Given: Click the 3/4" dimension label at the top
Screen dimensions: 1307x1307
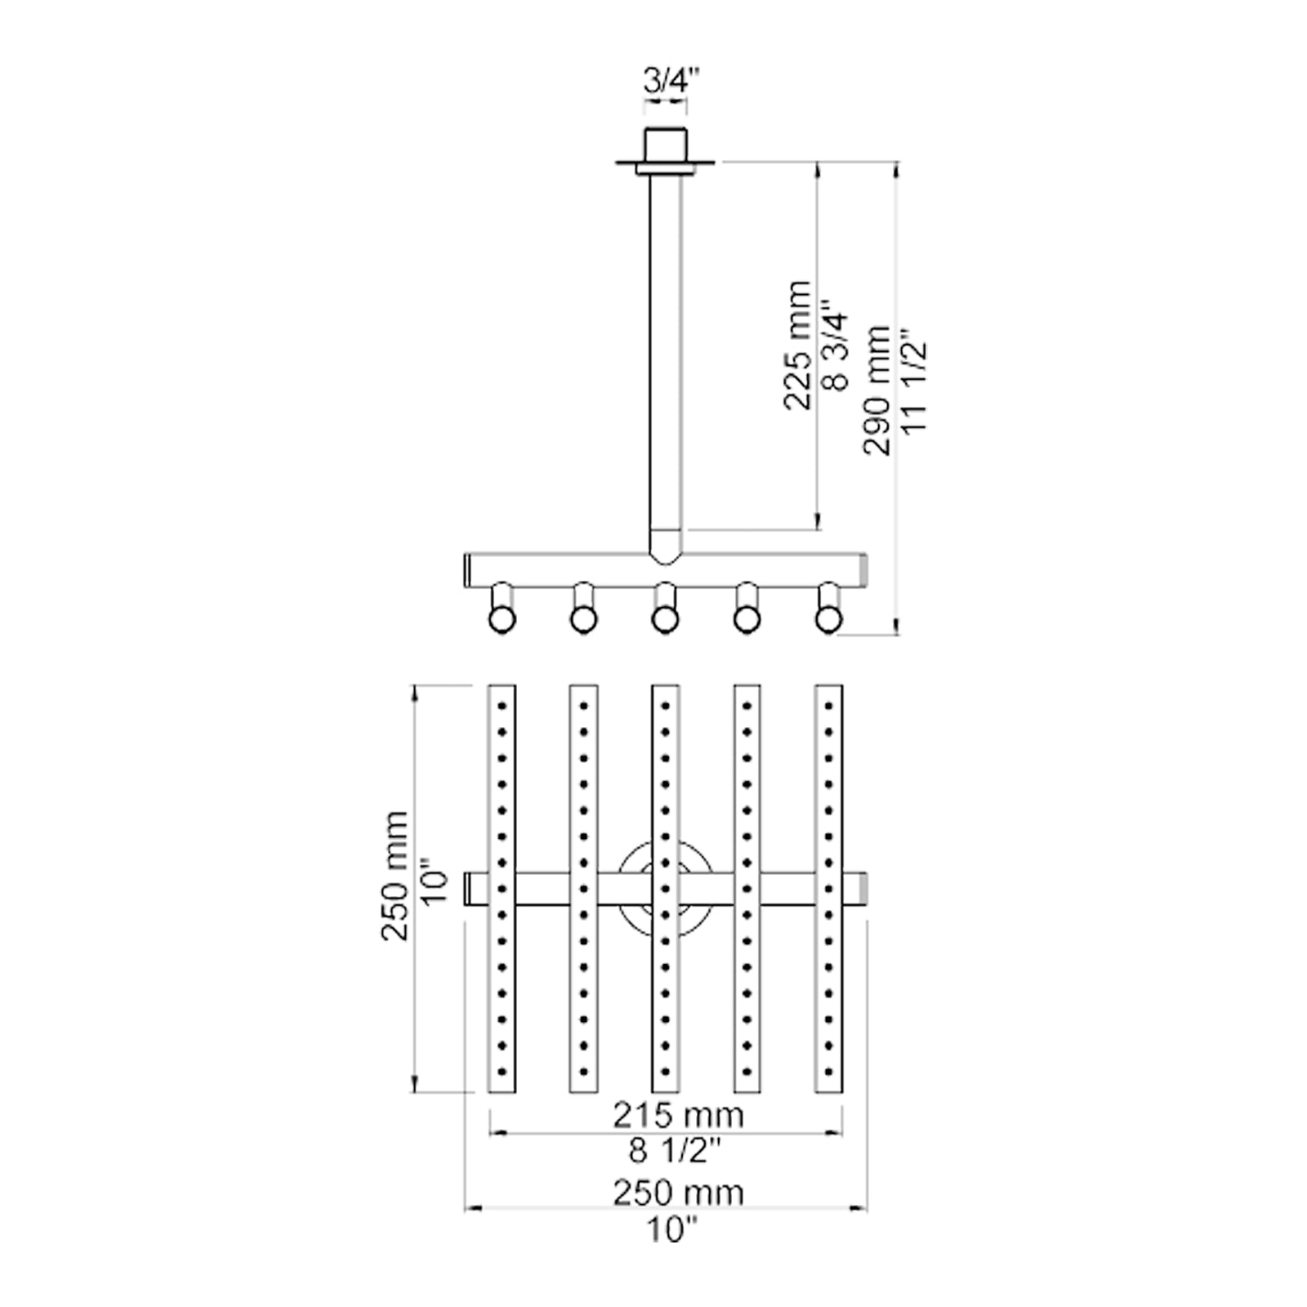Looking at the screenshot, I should coord(666,83).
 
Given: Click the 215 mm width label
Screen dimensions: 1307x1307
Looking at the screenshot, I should coord(678,1114).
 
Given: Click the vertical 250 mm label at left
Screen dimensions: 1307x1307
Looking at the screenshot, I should coord(396,876).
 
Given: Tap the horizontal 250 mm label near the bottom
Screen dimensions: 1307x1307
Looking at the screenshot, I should coord(678,1193).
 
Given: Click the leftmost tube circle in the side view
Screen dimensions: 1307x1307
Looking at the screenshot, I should coord(501,620).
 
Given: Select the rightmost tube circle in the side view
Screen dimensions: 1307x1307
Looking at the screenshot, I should coord(828,620).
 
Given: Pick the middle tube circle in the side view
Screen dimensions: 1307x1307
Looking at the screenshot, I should coord(664,620).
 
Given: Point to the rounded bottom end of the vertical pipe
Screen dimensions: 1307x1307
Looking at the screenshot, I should coord(665,548).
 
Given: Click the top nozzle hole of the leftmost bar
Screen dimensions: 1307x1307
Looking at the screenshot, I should coord(502,704).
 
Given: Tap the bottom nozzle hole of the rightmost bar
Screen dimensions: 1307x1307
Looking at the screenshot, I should coord(828,1070).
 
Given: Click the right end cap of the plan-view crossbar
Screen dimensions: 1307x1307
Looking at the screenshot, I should coord(862,889).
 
